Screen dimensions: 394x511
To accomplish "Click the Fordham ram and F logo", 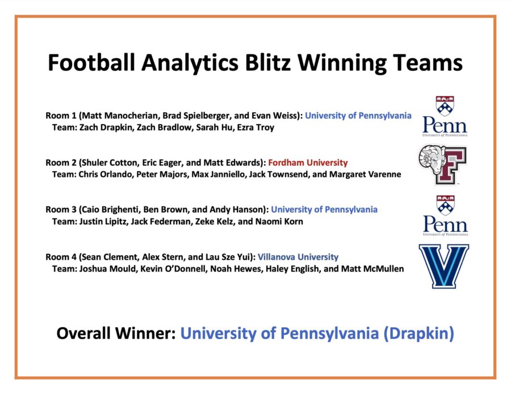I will click(442, 164).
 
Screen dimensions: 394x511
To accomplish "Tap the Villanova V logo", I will click(443, 266).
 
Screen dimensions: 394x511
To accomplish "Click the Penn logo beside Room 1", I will click(445, 117).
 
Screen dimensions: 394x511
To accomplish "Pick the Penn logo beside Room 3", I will click(445, 215).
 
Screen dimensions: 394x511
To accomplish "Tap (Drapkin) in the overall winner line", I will click(419, 334).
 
